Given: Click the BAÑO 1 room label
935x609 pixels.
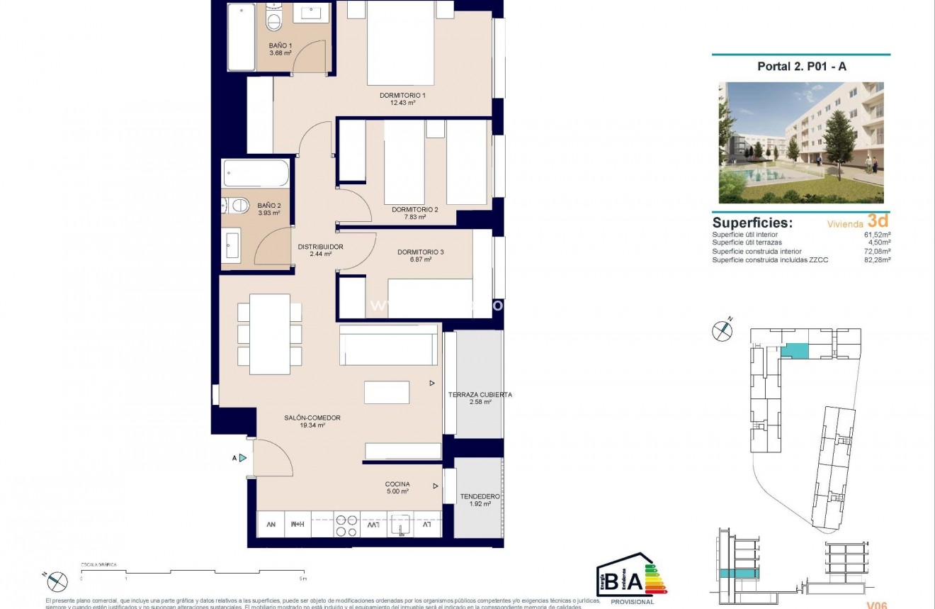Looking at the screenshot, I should point(280,45).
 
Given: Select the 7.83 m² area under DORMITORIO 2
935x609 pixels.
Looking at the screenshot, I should point(414,217).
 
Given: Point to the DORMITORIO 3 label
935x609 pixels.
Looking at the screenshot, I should point(421,252).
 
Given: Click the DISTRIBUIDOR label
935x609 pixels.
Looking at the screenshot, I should point(320,247).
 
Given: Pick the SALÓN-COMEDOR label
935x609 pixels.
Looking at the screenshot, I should point(312,418).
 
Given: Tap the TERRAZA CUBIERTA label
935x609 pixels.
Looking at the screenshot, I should point(480,395).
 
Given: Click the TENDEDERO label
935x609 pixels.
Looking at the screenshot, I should point(479,496).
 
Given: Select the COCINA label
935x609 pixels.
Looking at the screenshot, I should point(397,484).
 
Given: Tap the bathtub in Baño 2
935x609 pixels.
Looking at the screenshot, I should point(256,172).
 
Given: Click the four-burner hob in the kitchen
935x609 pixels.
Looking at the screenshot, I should point(346,525).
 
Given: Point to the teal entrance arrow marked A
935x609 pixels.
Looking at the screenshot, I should point(243,458).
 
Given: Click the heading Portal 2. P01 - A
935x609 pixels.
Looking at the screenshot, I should point(800,67).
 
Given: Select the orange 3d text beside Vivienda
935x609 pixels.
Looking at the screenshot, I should point(878,221).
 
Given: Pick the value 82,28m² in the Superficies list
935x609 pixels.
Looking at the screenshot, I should point(877,259).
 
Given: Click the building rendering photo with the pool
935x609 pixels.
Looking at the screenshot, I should point(801,143).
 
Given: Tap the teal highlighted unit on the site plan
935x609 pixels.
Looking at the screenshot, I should point(795,350).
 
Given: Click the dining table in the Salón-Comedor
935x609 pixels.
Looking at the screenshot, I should point(270,334).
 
